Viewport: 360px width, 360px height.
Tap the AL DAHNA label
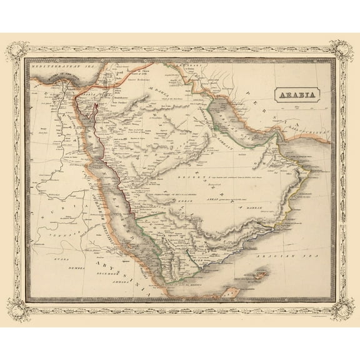pos(157,91)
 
